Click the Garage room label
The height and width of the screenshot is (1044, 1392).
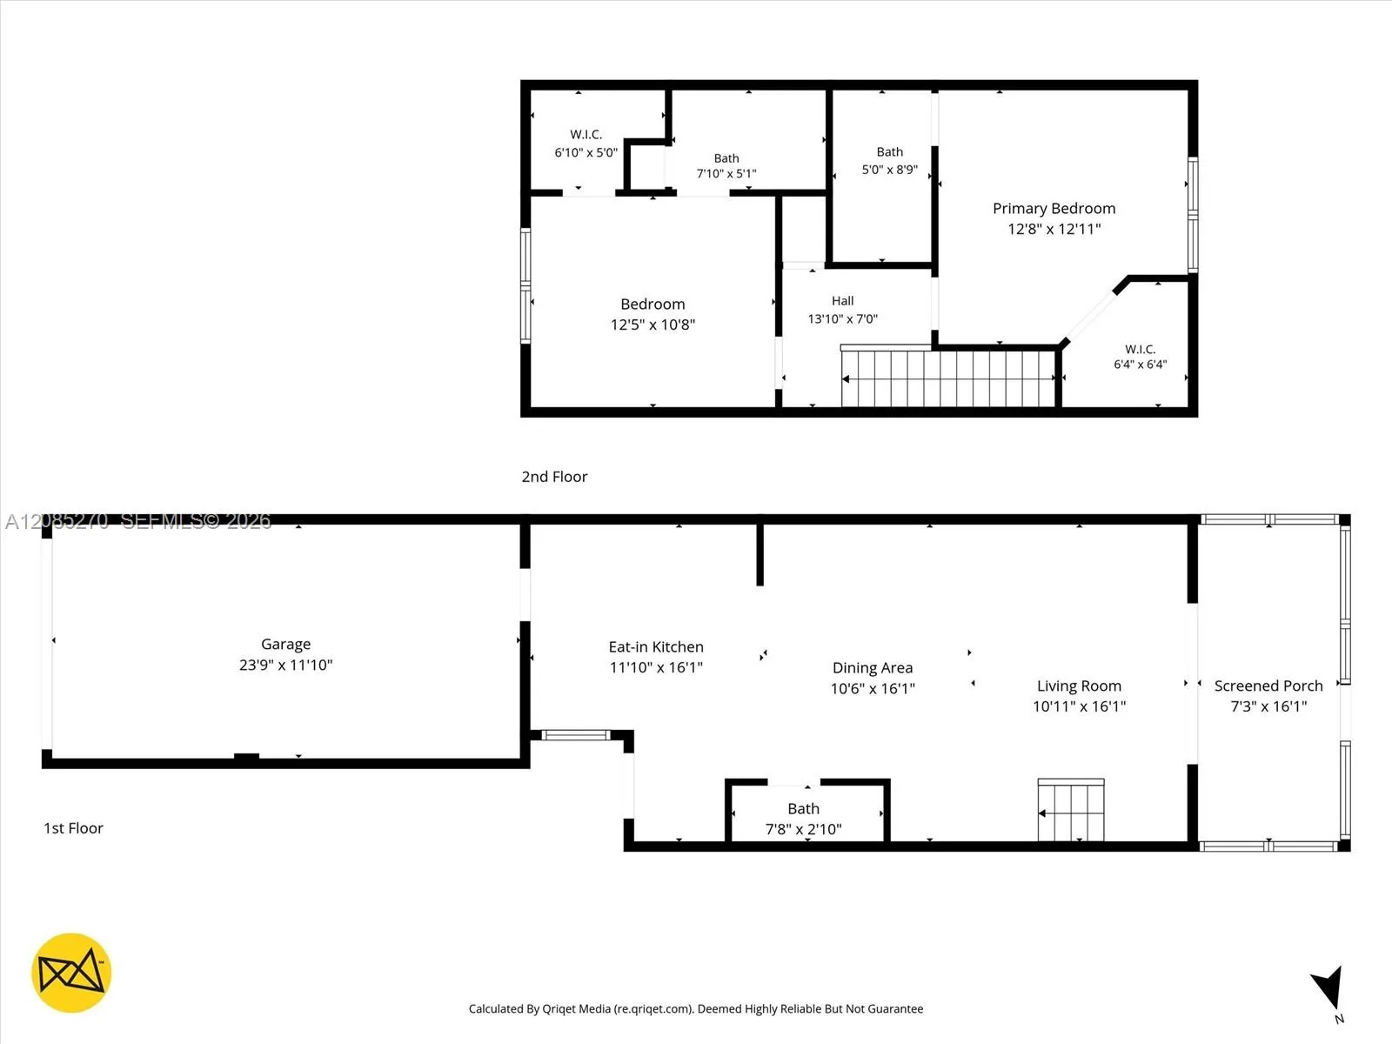285,644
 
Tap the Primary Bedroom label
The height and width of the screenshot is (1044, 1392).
1054,209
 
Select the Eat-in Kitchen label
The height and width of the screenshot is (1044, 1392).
656,646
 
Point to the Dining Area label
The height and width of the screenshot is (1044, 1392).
873,667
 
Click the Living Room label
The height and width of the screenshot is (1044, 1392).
1079,686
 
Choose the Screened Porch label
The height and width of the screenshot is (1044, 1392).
1268,686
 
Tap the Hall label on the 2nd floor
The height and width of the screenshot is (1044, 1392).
842,300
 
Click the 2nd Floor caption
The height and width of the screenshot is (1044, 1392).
554,477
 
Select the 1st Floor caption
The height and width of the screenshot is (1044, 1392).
73,828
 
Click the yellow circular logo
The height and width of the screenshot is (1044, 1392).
71,973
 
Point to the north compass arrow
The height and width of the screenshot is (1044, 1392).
1328,987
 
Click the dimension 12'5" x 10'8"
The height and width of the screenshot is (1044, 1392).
652,325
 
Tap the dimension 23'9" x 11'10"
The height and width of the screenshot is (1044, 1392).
285,665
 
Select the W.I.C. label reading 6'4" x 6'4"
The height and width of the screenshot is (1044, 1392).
1141,356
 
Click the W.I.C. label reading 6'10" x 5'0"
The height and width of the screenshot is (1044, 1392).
586,144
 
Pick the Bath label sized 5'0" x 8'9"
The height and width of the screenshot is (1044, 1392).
890,160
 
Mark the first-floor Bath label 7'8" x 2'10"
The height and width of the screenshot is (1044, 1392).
804,819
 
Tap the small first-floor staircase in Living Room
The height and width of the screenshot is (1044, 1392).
1071,810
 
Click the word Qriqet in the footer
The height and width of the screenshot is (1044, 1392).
560,1008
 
